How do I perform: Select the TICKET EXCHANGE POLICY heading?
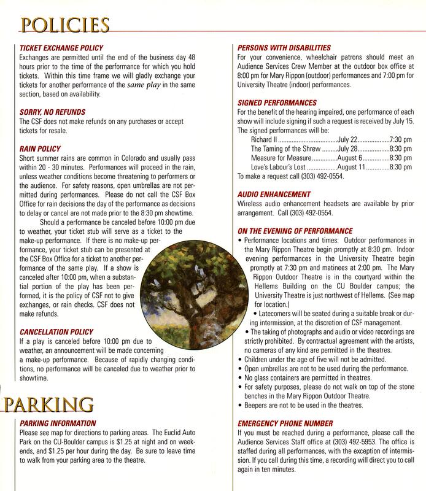[x=62, y=48]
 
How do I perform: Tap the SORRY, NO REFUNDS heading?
[x=53, y=112]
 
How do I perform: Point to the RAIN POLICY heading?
[x=40, y=149]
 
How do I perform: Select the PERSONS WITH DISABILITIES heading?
[x=284, y=48]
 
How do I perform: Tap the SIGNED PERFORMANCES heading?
[x=277, y=103]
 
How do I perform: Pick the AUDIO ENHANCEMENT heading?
[x=274, y=195]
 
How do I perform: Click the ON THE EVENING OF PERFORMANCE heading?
[x=295, y=230]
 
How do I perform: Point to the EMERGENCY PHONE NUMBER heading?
[x=285, y=423]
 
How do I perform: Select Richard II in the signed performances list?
[x=265, y=140]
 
